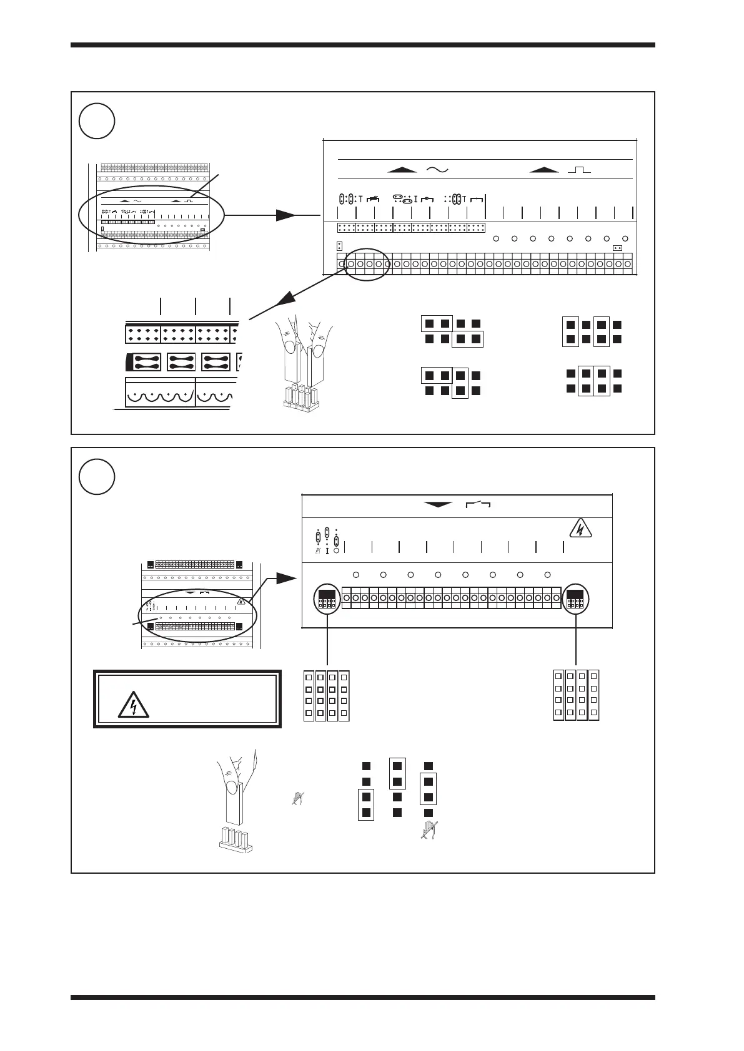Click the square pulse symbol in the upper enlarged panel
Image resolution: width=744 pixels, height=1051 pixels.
[578, 169]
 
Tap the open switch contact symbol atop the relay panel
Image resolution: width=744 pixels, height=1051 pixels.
[477, 505]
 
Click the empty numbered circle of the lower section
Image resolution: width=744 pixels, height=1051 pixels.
[97, 477]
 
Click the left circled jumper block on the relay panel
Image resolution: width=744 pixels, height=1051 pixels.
[327, 599]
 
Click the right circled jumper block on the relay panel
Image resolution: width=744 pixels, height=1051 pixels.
[575, 599]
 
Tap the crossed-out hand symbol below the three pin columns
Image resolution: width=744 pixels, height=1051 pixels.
[429, 830]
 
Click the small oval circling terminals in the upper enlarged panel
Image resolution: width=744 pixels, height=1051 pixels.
[367, 264]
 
